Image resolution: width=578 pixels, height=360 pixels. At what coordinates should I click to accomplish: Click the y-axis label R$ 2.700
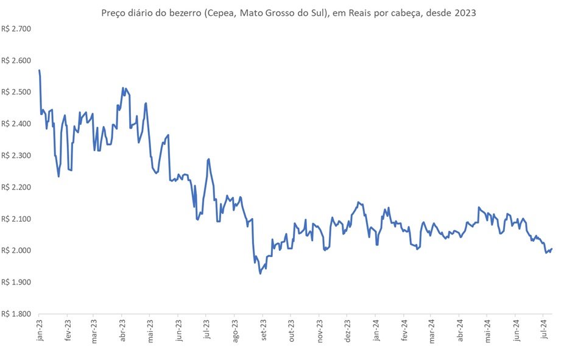(16, 29)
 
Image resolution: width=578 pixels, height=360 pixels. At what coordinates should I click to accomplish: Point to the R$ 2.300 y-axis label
(16, 156)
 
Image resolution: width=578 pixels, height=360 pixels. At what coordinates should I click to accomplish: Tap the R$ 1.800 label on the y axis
(16, 314)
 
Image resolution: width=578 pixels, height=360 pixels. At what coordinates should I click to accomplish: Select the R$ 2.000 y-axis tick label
(16, 250)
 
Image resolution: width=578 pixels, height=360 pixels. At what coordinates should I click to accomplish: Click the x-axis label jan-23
(40, 330)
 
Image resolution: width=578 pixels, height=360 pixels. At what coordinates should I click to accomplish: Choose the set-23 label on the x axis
(263, 330)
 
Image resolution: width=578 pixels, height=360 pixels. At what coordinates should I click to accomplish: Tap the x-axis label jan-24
(376, 330)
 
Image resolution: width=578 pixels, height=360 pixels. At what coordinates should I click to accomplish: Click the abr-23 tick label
(123, 330)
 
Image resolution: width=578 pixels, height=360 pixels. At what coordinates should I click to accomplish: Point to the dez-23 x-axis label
(348, 330)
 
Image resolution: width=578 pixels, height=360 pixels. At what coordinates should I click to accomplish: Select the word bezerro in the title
(186, 13)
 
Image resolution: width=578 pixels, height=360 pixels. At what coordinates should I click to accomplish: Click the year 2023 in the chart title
(465, 13)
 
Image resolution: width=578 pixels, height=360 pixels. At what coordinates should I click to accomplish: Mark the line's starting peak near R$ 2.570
(40, 70)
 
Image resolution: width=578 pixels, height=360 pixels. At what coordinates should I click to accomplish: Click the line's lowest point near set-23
(260, 274)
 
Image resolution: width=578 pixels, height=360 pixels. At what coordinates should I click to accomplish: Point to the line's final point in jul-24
(551, 249)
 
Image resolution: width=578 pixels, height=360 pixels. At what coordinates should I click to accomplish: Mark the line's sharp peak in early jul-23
(209, 160)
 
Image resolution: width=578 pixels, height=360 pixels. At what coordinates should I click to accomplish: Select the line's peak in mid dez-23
(358, 202)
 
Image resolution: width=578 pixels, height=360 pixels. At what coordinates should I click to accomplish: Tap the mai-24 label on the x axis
(487, 330)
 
